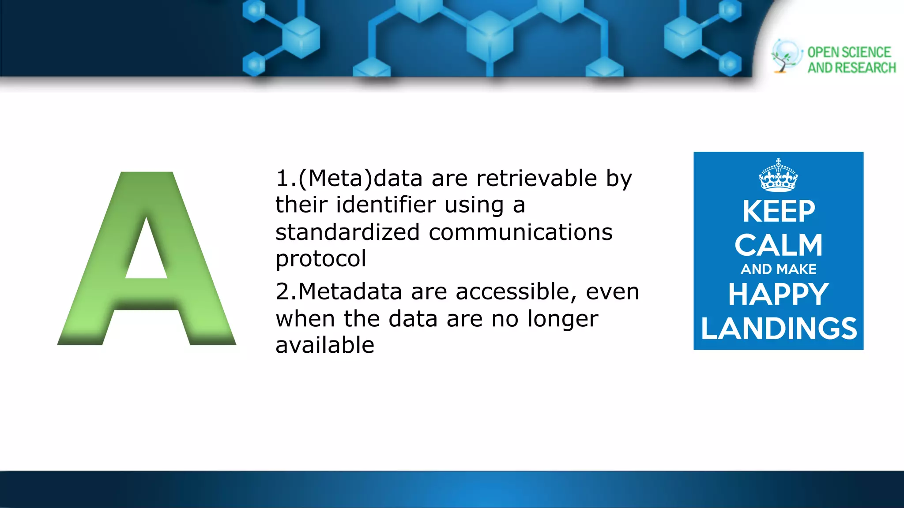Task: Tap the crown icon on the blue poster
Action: click(778, 176)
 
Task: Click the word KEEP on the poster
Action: click(778, 212)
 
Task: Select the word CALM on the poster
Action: click(778, 245)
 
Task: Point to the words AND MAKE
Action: click(778, 269)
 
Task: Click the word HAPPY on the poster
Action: click(778, 294)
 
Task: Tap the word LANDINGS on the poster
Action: click(779, 329)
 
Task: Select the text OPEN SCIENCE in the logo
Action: click(849, 52)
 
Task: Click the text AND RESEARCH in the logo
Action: click(851, 68)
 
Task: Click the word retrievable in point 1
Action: click(537, 179)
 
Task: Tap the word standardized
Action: click(347, 232)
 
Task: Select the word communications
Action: click(520, 232)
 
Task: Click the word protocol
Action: click(321, 259)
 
